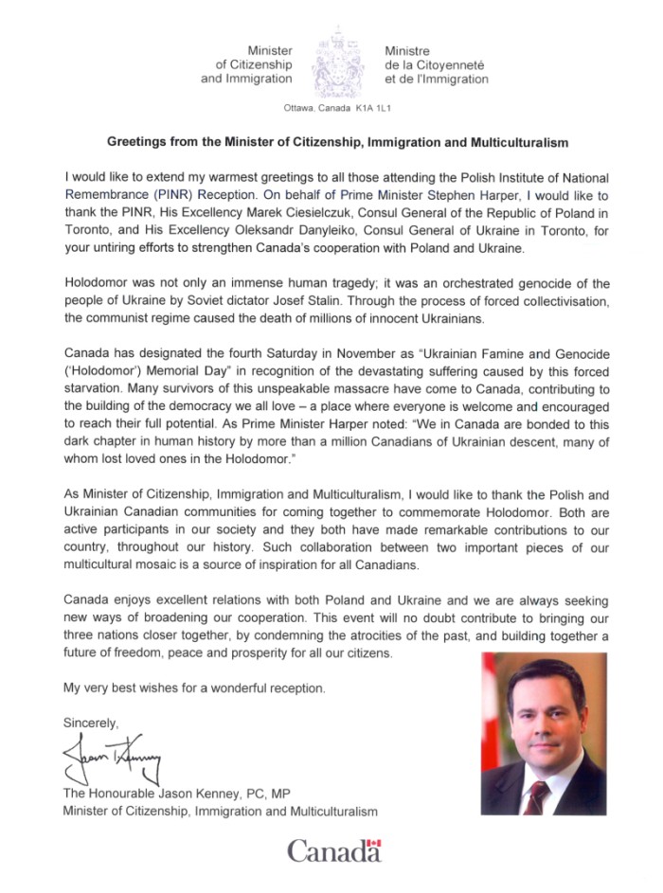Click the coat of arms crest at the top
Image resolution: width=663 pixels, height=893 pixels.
[338, 63]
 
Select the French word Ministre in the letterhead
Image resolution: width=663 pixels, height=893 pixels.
[408, 49]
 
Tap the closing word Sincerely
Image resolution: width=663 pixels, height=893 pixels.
[92, 722]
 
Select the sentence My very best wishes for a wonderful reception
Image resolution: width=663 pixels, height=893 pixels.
[193, 687]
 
